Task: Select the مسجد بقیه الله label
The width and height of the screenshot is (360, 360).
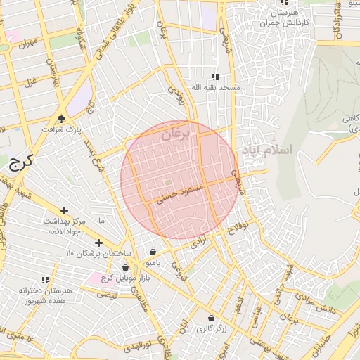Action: point(215,88)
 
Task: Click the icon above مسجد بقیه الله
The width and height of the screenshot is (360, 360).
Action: point(215,77)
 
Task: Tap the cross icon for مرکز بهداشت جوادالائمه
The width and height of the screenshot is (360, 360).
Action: point(65,210)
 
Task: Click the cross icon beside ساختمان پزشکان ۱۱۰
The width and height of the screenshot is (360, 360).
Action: point(98,243)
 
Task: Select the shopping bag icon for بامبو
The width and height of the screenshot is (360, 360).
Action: point(153,252)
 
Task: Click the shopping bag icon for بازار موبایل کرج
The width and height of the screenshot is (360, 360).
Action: point(125,267)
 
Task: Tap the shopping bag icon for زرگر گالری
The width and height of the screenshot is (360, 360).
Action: point(210,318)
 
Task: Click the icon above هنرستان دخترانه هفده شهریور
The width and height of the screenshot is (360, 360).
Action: point(46,279)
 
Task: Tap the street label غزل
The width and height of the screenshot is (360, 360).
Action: point(30,82)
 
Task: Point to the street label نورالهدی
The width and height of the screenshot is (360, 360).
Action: point(135,344)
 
